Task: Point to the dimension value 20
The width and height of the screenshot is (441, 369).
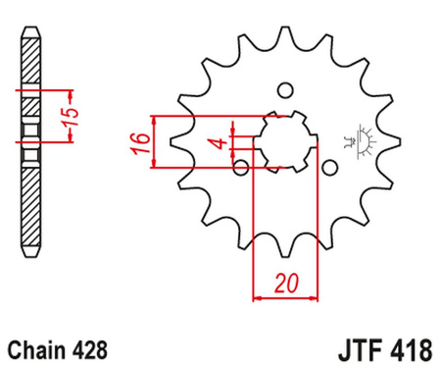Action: tap(286, 284)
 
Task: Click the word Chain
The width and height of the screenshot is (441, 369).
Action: tap(39, 348)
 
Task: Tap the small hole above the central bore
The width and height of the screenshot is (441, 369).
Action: tap(286, 91)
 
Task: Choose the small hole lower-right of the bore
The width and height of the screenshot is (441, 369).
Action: tap(330, 168)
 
